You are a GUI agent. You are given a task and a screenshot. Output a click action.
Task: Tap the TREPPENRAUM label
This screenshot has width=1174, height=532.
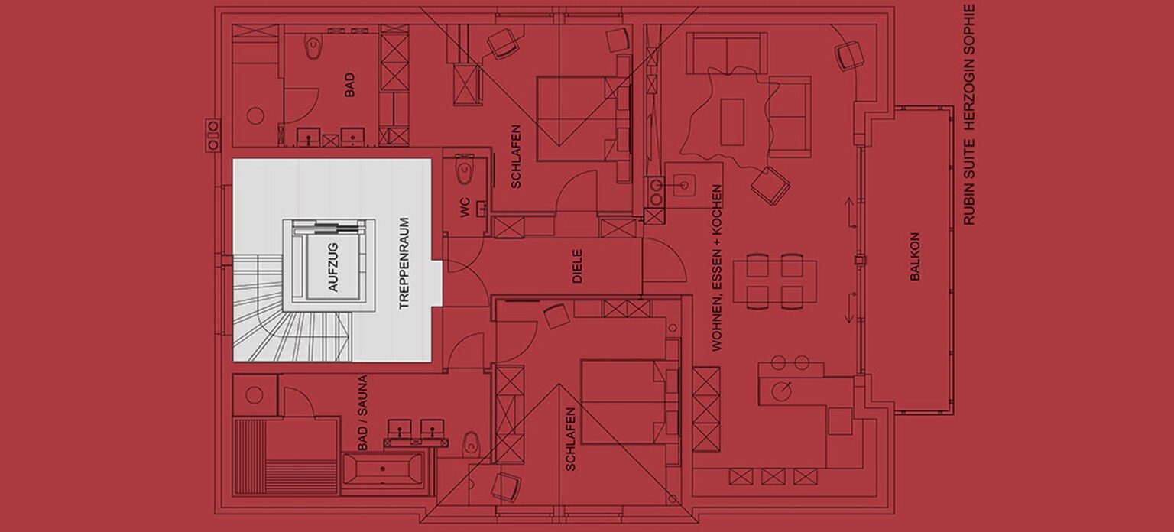click(x=404, y=264)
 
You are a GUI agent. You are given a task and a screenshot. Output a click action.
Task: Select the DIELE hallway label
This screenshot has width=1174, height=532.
click(x=577, y=266)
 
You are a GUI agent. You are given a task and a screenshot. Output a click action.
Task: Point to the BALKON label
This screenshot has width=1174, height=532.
click(x=915, y=258)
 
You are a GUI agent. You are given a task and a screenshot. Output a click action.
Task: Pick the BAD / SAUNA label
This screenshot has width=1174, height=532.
click(x=363, y=412)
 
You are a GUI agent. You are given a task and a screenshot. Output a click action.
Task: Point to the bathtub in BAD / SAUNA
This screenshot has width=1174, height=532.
click(x=381, y=468)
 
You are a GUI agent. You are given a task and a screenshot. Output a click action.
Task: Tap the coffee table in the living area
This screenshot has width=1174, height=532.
click(x=732, y=121)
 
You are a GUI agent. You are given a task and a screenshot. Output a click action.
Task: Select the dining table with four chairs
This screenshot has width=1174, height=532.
click(x=774, y=281)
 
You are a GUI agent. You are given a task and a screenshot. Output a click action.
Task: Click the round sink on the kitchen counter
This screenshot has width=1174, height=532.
click(x=780, y=390)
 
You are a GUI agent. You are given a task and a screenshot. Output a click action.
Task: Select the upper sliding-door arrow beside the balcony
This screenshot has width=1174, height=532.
click(x=848, y=212)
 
